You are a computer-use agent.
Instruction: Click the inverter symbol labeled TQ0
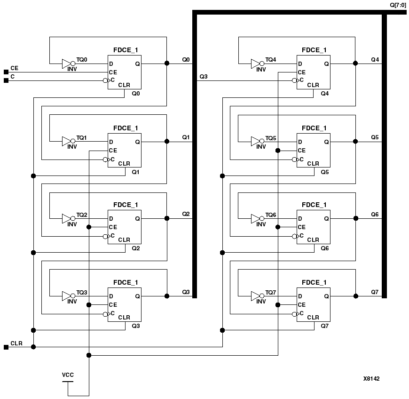click(68, 63)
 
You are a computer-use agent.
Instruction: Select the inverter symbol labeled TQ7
click(257, 296)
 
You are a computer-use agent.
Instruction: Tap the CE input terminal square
click(6, 72)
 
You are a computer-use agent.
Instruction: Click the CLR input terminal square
click(6, 347)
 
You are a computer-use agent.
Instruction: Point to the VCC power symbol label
click(68, 375)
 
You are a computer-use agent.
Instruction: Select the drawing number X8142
click(371, 378)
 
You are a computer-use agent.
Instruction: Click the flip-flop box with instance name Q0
click(125, 72)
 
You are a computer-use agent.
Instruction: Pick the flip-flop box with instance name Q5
click(313, 150)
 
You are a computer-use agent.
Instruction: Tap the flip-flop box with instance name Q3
click(125, 304)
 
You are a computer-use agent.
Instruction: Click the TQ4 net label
click(271, 60)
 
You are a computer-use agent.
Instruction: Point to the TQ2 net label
click(82, 215)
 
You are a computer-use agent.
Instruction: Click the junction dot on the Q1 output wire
click(167, 141)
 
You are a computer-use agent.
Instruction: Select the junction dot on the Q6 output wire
click(355, 218)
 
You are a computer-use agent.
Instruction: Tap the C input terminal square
click(6, 80)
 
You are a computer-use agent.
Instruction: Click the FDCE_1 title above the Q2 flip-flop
click(126, 205)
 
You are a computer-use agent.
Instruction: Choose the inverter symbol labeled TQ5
click(257, 141)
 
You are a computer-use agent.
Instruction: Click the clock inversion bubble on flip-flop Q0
click(105, 80)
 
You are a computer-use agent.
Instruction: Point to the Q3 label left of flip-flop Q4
click(203, 76)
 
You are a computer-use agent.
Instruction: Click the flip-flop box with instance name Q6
click(313, 227)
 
